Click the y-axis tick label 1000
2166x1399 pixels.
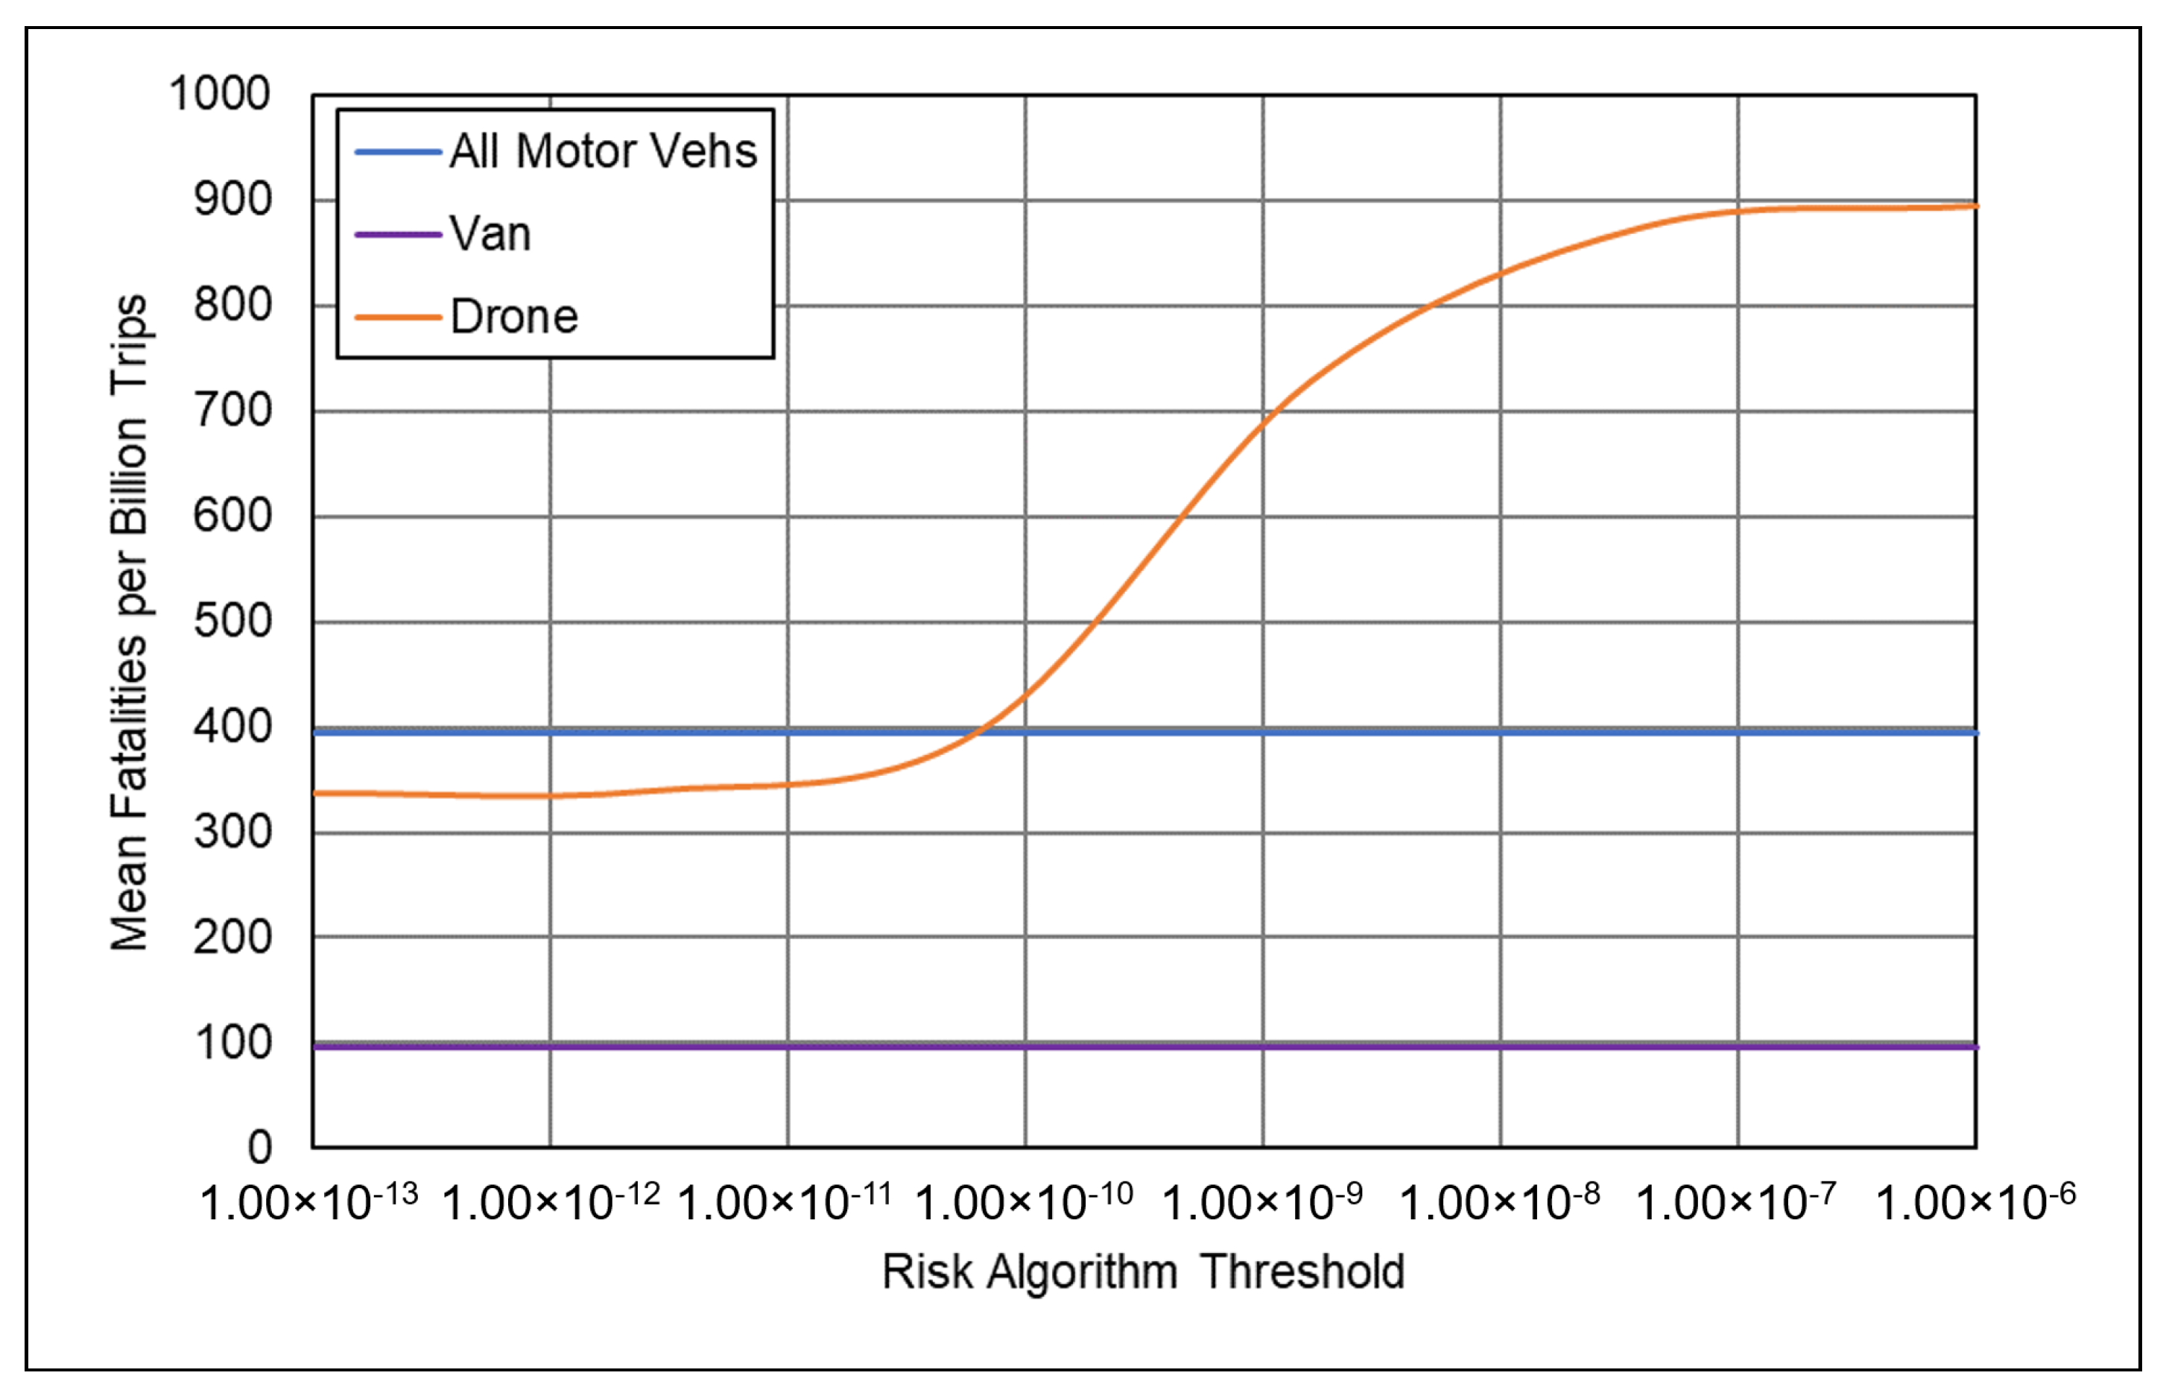(220, 94)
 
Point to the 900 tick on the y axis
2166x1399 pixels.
(232, 199)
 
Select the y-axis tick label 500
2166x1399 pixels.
(232, 622)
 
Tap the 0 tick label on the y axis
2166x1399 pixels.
(260, 1147)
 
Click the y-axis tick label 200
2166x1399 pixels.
(232, 937)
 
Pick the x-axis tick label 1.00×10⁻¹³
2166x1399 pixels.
(308, 1201)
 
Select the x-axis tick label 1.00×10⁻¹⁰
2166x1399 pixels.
(1025, 1201)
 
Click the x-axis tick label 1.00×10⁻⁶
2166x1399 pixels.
(1976, 1201)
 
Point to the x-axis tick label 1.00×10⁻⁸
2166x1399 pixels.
(1501, 1201)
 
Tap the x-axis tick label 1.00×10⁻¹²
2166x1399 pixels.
(551, 1201)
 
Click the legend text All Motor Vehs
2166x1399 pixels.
(603, 151)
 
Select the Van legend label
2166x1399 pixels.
(490, 234)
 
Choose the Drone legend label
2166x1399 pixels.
(514, 317)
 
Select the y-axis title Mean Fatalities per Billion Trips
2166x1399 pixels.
(129, 622)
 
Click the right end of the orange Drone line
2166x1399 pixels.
(1976, 207)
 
